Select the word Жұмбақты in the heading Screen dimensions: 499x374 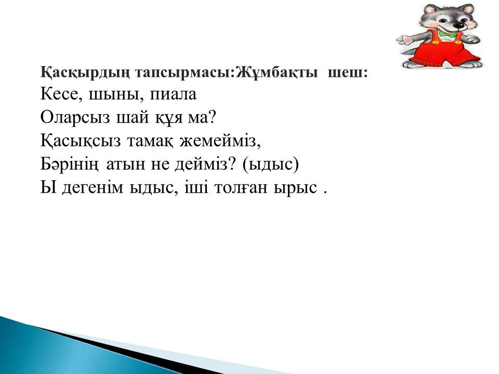(277, 73)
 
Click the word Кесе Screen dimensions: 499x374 (59, 94)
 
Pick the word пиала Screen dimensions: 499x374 (173, 95)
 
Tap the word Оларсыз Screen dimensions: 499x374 (75, 118)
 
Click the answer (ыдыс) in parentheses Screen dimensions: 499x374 (270, 165)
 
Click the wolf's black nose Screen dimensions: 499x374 (458, 25)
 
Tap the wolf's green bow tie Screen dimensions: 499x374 (447, 34)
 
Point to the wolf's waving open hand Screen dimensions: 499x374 (404, 41)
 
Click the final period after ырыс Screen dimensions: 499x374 (325, 193)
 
